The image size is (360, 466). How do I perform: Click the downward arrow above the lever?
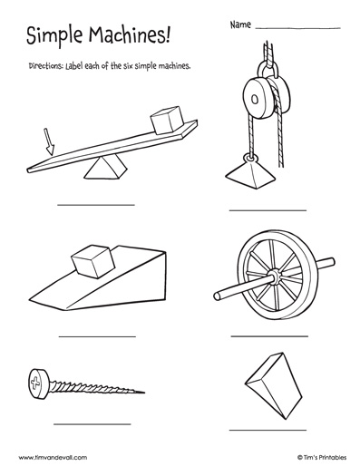tap(49, 141)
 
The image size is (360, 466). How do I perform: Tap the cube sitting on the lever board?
tap(168, 120)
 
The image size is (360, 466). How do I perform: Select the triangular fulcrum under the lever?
tap(105, 168)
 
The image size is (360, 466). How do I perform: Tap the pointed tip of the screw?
tap(144, 393)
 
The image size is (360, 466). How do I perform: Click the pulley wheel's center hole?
tap(256, 99)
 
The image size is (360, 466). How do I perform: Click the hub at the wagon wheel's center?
tap(275, 277)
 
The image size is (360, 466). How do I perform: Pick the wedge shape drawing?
tap(274, 386)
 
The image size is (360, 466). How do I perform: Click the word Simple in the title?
tap(54, 35)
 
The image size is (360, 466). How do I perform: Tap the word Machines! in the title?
tap(130, 34)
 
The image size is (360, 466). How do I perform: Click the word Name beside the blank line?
tap(240, 24)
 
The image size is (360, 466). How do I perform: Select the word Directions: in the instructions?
tap(45, 66)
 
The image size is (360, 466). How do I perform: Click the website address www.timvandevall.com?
tap(53, 457)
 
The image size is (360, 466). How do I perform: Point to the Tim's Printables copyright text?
tap(322, 457)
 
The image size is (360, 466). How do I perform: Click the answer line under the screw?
tap(92, 424)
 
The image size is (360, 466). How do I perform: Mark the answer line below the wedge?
tap(268, 430)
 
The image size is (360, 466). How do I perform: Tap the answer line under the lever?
tap(96, 205)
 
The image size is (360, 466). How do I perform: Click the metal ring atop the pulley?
tap(268, 71)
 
